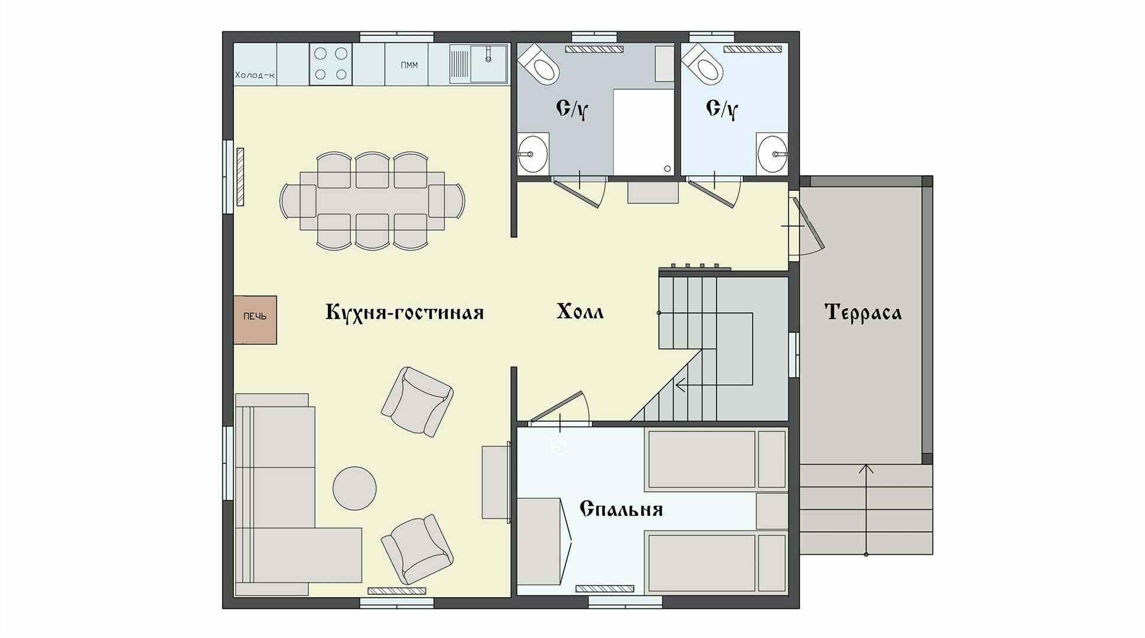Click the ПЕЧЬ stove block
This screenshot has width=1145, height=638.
click(255, 320)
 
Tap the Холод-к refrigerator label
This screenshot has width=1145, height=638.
click(255, 75)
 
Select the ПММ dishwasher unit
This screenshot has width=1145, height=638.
click(409, 65)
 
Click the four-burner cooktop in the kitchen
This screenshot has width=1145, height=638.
click(331, 64)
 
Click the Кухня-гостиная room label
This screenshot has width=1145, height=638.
click(405, 312)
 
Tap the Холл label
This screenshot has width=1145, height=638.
click(580, 311)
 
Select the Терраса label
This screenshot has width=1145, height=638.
click(863, 312)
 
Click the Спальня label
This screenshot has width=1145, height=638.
click(621, 509)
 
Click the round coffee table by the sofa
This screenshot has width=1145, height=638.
click(354, 489)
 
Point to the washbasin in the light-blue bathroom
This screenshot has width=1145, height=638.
click(772, 154)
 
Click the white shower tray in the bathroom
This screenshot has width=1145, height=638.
click(644, 132)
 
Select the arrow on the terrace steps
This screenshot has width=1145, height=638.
click(866, 510)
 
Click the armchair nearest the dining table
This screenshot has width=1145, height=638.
click(417, 401)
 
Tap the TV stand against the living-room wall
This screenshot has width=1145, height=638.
click(496, 482)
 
